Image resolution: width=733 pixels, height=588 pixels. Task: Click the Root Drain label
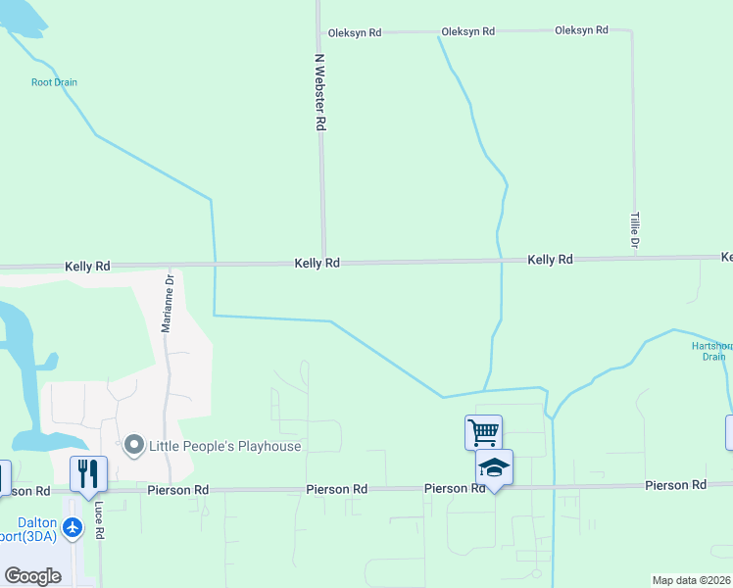pyautogui.click(x=54, y=82)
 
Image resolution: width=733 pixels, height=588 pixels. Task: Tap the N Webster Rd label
pyautogui.click(x=319, y=92)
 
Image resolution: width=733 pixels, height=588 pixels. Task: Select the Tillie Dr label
pyautogui.click(x=634, y=228)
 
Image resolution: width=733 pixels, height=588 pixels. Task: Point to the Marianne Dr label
pyautogui.click(x=168, y=302)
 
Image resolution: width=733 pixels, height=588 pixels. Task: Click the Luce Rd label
pyautogui.click(x=99, y=520)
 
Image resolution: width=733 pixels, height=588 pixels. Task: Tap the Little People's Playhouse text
pyautogui.click(x=224, y=446)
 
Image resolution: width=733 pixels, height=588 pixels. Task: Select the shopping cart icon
pyautogui.click(x=483, y=431)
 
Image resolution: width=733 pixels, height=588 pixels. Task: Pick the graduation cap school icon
pyautogui.click(x=494, y=468)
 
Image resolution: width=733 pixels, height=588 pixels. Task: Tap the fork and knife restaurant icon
pyautogui.click(x=88, y=473)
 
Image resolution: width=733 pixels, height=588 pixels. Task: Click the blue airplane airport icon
pyautogui.click(x=73, y=527)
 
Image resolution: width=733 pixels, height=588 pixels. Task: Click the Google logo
pyautogui.click(x=33, y=575)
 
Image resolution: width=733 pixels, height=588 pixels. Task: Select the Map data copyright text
pyautogui.click(x=691, y=580)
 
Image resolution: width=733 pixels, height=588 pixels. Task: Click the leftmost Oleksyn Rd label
pyautogui.click(x=354, y=31)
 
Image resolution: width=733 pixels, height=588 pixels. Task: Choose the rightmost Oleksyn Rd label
pyautogui.click(x=581, y=30)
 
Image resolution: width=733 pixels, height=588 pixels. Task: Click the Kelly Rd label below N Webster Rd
pyautogui.click(x=318, y=264)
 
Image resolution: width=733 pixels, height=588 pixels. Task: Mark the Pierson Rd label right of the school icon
pyautogui.click(x=675, y=485)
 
